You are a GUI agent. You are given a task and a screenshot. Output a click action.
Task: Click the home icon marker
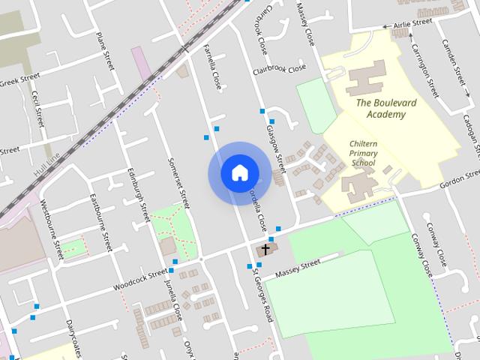point(239,173)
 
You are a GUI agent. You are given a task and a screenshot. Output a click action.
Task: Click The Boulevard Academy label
point(381,109)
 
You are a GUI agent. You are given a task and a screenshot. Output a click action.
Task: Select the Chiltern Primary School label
point(362,152)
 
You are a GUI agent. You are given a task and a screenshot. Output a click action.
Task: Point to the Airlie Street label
point(413,24)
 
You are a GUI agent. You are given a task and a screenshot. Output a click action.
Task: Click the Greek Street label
point(18,80)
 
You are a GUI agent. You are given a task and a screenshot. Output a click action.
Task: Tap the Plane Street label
point(104,51)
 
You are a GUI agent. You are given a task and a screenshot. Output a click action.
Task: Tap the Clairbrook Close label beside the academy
point(280,69)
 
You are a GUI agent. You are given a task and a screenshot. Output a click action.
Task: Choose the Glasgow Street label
point(276,147)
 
